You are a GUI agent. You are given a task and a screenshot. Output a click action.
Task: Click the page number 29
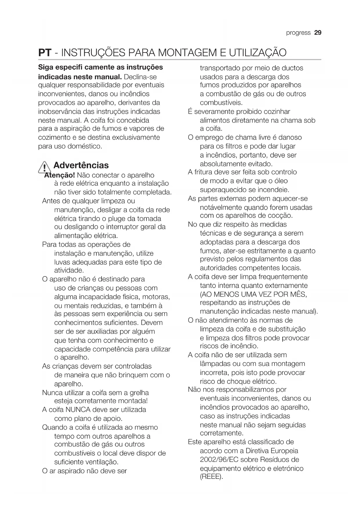point(318,33)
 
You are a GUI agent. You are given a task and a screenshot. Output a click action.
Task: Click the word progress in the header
point(298,33)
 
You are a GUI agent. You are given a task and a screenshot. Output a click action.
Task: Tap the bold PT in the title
point(45,53)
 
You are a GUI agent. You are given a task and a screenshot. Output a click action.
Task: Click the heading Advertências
point(81,165)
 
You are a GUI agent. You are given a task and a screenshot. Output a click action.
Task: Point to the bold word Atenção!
point(60,175)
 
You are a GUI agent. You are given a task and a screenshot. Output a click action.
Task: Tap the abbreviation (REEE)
point(211,477)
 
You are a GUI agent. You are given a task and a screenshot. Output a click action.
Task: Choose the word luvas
point(62,262)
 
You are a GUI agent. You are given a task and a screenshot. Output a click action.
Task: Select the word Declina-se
point(140,77)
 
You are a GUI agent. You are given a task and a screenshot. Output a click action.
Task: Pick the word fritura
point(205,172)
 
